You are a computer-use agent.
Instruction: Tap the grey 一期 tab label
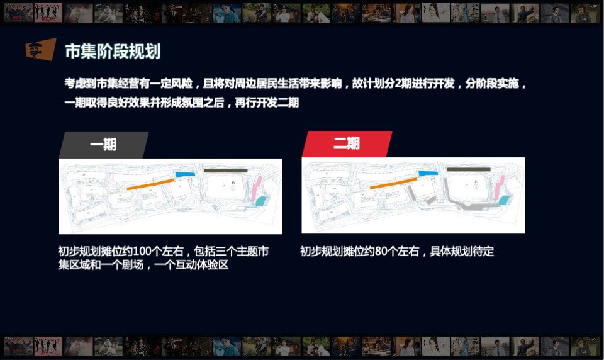tap(103, 145)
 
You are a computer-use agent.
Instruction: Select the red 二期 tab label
tap(347, 143)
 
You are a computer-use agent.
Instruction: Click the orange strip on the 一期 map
tap(150, 184)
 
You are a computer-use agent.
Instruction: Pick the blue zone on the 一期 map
tap(184, 174)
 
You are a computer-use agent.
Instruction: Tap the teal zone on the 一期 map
tap(260, 201)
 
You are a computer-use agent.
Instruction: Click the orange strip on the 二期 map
tap(393, 184)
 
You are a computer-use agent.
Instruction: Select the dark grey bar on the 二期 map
tap(469, 169)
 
